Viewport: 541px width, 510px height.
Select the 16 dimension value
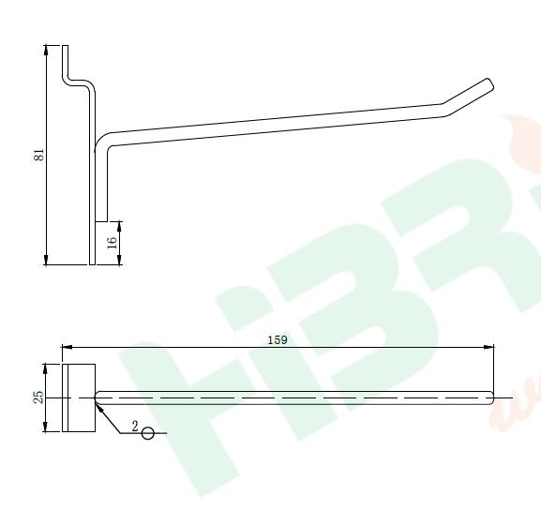(x=112, y=242)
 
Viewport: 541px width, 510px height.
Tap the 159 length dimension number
(x=277, y=339)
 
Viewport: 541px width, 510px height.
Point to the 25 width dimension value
(x=38, y=397)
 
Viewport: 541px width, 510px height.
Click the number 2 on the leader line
(x=135, y=427)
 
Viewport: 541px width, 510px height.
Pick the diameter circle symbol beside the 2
(x=147, y=433)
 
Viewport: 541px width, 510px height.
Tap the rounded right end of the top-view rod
(x=490, y=398)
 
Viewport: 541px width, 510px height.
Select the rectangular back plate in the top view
(x=79, y=398)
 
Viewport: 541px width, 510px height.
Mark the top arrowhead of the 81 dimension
(x=47, y=50)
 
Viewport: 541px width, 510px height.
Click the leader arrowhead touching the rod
(x=98, y=405)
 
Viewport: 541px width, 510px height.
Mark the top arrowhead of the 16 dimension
(x=120, y=226)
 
